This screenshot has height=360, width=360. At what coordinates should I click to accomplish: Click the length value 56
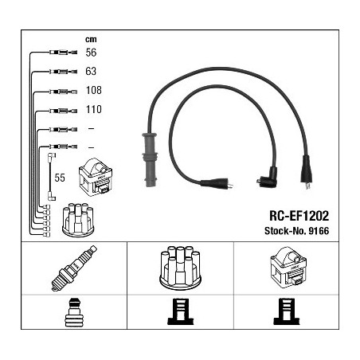[91, 53]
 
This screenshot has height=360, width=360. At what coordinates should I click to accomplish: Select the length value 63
[91, 71]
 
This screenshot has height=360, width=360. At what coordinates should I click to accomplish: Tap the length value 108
[94, 90]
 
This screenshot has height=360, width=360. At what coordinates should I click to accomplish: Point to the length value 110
[94, 109]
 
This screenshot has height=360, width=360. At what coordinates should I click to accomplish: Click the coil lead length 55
[60, 178]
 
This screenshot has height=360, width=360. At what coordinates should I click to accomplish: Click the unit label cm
[91, 39]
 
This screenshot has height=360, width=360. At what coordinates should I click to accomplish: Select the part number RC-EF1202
[299, 216]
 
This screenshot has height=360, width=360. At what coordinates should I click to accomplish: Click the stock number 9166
[319, 231]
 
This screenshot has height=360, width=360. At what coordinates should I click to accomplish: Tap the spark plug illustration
[74, 268]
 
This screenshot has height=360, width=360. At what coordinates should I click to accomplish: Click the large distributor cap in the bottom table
[180, 268]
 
